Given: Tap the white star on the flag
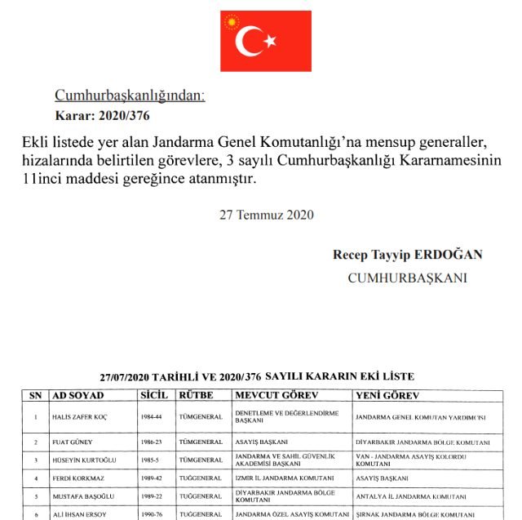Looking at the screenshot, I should pos(269,40).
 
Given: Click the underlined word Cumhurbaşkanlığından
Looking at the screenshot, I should pos(130,96).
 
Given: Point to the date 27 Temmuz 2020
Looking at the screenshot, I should pos(267,216).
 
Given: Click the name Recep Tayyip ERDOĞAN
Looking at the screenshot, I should pos(407,255).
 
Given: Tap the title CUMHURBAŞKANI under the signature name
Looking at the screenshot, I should pos(407,278).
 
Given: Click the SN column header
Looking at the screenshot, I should pos(35,395).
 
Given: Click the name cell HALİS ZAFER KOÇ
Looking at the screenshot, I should pos(81,417).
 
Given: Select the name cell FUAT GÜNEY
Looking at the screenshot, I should pos(74,442).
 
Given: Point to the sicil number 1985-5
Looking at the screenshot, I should pos(153,460).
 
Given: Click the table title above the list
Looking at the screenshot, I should pos(257,376).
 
